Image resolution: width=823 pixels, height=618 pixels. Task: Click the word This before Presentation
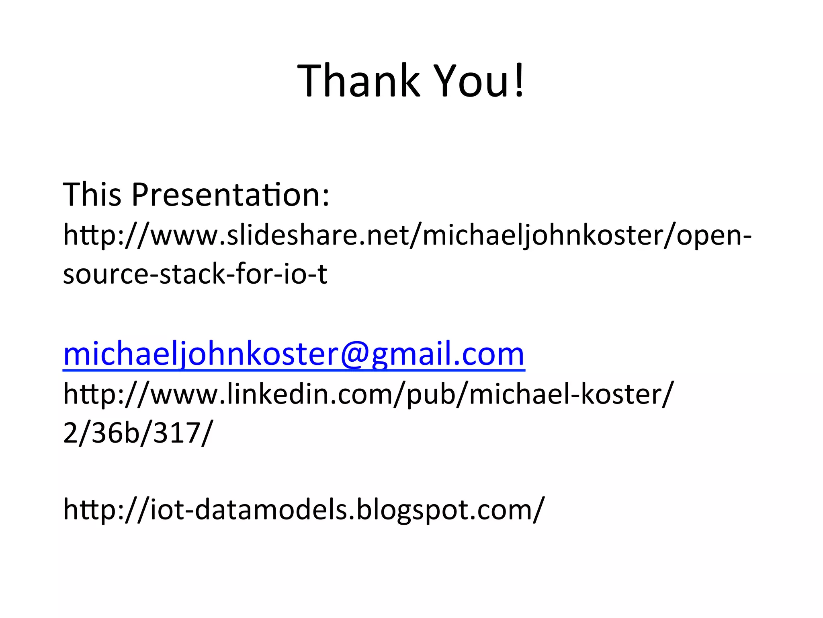click(x=92, y=195)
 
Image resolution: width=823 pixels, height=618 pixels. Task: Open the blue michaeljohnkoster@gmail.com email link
click(x=294, y=354)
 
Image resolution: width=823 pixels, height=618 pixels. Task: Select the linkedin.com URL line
click(x=368, y=394)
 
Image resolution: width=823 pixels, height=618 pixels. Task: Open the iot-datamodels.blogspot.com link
click(x=304, y=509)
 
